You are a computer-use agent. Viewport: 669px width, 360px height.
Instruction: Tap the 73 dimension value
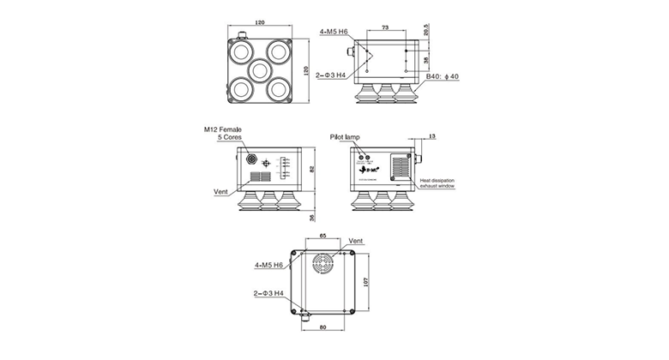(x=384, y=28)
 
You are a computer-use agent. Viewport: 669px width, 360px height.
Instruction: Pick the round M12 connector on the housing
(x=251, y=159)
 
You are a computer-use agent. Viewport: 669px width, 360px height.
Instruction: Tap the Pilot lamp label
(x=346, y=136)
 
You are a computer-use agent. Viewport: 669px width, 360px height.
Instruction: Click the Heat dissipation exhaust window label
(x=438, y=184)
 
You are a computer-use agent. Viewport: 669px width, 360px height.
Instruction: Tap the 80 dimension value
(x=323, y=327)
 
